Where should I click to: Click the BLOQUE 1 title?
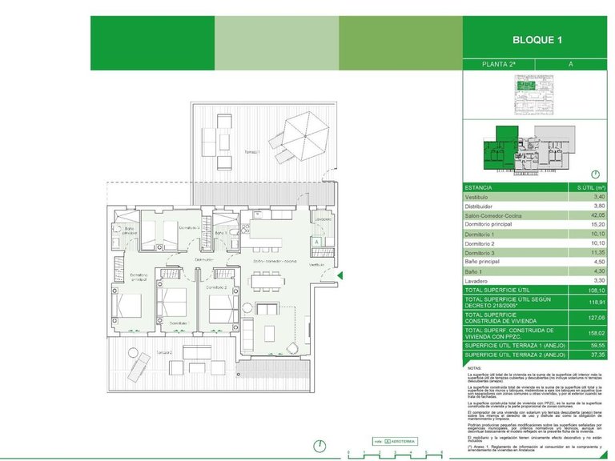pyautogui.click(x=538, y=40)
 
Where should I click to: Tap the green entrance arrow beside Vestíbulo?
pyautogui.click(x=340, y=277)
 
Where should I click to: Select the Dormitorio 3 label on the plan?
pyautogui.click(x=166, y=227)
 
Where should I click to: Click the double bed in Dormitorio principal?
pyautogui.click(x=127, y=307)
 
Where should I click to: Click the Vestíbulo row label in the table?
pyautogui.click(x=477, y=196)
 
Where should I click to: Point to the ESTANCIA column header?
pyautogui.click(x=480, y=186)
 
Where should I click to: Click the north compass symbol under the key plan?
pyautogui.click(x=595, y=174)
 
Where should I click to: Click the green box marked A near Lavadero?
pyautogui.click(x=317, y=240)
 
